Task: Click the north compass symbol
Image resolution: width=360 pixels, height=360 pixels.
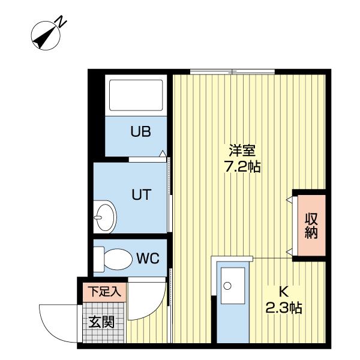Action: (46, 35)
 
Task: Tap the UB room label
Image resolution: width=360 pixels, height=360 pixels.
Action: (141, 132)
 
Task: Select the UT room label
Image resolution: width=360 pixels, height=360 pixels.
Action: (141, 194)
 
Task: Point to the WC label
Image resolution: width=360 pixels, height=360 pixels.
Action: (147, 259)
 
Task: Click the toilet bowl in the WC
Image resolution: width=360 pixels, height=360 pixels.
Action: (119, 259)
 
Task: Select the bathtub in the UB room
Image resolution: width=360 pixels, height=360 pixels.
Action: (135, 96)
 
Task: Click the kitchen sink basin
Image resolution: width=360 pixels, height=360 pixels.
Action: (230, 287)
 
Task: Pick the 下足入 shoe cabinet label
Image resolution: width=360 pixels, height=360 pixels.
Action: (104, 293)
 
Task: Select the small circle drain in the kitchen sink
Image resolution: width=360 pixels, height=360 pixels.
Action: (227, 286)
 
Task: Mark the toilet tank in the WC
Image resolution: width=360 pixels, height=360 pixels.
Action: (99, 259)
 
